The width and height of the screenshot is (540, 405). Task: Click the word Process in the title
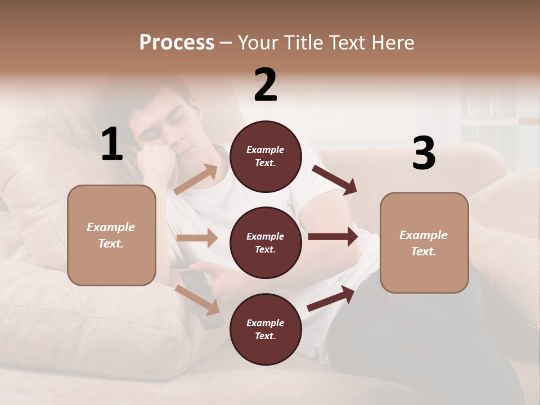177,43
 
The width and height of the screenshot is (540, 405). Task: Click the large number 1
112,145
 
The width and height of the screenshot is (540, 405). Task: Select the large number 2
265,85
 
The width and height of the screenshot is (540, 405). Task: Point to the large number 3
424,154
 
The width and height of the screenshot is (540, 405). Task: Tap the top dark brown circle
265,156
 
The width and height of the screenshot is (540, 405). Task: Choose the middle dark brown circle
265,242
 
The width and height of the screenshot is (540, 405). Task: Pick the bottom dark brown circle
265,329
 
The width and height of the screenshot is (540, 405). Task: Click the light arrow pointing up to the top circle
196,179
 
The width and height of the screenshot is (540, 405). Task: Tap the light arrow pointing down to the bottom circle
197,299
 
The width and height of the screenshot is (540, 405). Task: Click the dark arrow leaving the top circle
334,179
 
